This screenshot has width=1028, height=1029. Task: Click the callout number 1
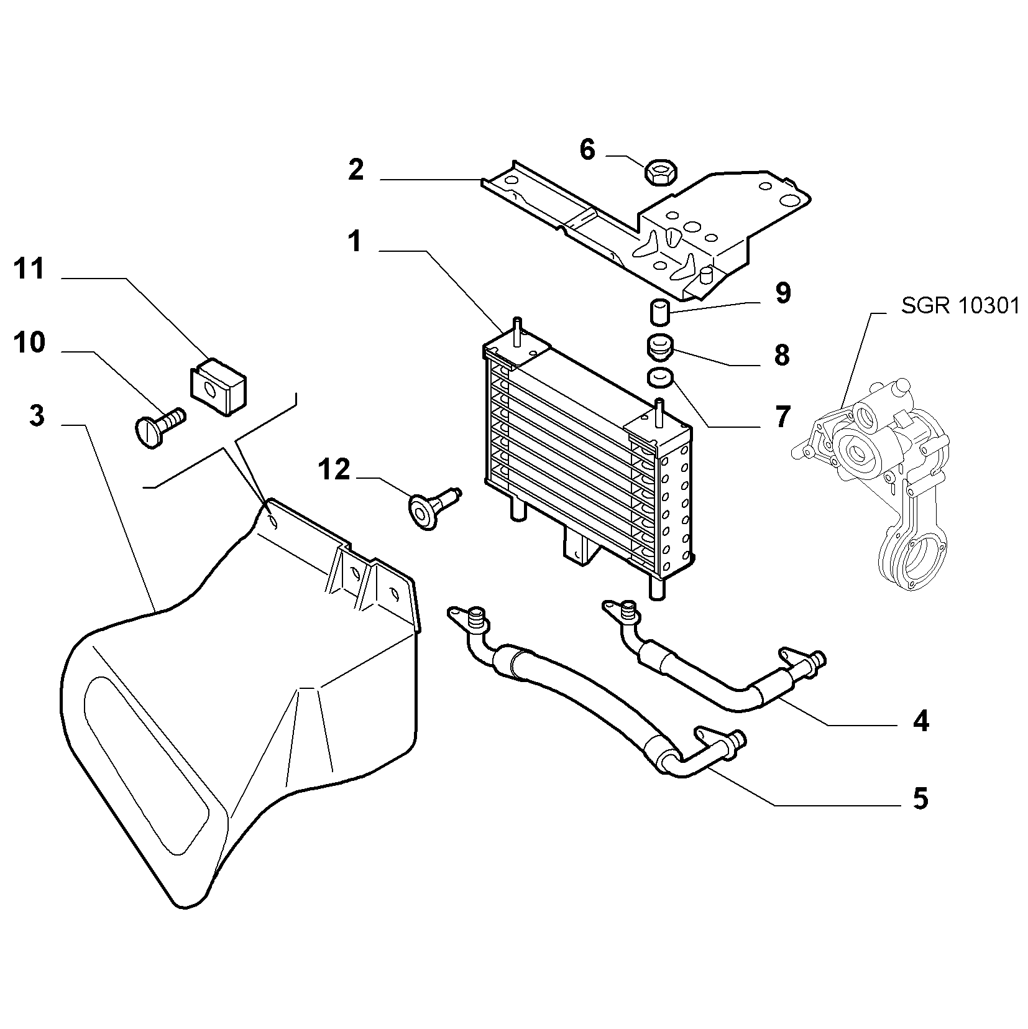tap(354, 241)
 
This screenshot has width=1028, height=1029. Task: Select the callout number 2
tap(356, 170)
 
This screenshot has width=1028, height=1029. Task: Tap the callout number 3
tap(37, 415)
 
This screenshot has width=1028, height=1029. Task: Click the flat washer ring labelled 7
tap(659, 377)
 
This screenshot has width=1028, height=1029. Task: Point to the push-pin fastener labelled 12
tap(433, 507)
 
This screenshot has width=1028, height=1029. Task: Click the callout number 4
tap(920, 721)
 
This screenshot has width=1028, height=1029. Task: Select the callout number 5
tap(920, 798)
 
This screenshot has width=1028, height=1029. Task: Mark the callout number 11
tap(29, 269)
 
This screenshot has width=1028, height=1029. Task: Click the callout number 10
tap(29, 343)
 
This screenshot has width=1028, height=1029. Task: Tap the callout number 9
tap(782, 293)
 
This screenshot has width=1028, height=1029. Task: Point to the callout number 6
tap(587, 150)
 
